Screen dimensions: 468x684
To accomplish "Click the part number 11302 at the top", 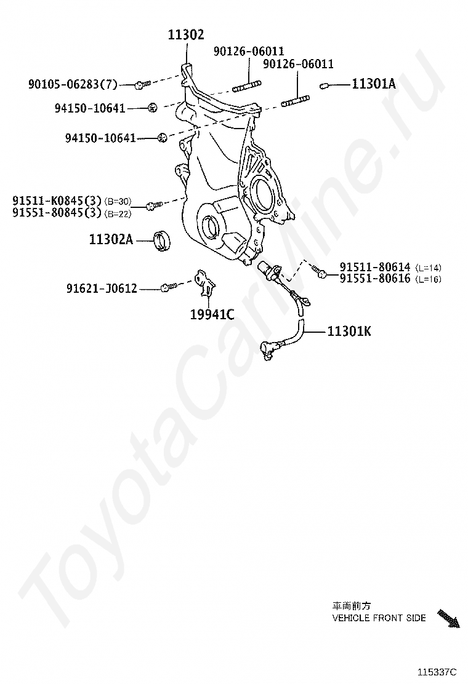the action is pyautogui.click(x=186, y=34).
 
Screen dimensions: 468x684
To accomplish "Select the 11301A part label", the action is pyautogui.click(x=374, y=84).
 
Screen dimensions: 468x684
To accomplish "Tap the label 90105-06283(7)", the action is pyautogui.click(x=73, y=84).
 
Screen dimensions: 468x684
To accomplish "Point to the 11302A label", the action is pyautogui.click(x=111, y=239).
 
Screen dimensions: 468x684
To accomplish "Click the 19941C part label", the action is pyautogui.click(x=212, y=314).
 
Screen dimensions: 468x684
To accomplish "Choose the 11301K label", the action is pyautogui.click(x=349, y=332).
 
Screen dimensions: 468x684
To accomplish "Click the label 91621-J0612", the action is pyautogui.click(x=102, y=288).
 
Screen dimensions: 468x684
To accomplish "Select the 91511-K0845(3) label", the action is pyautogui.click(x=57, y=201).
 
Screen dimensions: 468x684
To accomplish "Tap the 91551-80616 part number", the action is pyautogui.click(x=375, y=278).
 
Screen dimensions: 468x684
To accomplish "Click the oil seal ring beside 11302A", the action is pyautogui.click(x=163, y=241).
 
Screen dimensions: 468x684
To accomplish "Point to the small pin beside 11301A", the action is pyautogui.click(x=324, y=85).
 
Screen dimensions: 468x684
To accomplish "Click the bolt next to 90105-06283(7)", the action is pyautogui.click(x=142, y=84).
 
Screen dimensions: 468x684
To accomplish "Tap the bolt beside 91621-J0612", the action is pyautogui.click(x=169, y=287).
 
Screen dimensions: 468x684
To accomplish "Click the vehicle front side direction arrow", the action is pyautogui.click(x=450, y=619).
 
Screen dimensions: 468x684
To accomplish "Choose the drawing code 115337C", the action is pyautogui.click(x=437, y=672).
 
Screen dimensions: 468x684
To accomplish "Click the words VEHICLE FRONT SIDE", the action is pyautogui.click(x=379, y=618).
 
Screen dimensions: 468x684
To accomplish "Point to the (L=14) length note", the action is pyautogui.click(x=428, y=268).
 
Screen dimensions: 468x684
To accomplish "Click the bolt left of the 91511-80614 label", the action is pyautogui.click(x=320, y=272).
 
